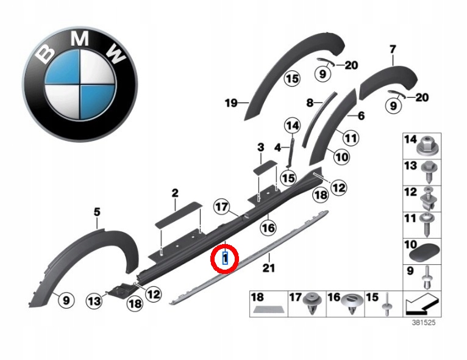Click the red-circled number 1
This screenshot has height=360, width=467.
(225, 258)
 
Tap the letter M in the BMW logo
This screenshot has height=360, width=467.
(80, 38)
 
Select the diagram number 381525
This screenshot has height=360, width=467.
(424, 322)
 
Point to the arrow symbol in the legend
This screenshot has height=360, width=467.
(422, 304)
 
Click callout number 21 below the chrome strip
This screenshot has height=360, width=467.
(268, 268)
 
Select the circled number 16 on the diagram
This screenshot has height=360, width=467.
(268, 228)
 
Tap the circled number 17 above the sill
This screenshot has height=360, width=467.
(222, 206)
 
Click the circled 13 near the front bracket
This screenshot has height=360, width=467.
(94, 301)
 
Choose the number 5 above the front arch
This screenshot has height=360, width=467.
(97, 212)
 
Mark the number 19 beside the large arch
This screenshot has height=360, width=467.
(231, 103)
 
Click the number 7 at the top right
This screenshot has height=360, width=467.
(393, 49)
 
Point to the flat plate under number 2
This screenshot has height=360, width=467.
(179, 215)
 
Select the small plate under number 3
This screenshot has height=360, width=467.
(265, 167)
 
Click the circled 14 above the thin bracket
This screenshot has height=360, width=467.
(292, 126)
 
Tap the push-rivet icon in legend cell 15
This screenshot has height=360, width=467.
(387, 304)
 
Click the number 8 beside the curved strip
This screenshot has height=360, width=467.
(310, 103)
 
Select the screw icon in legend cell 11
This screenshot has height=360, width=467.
(427, 225)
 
